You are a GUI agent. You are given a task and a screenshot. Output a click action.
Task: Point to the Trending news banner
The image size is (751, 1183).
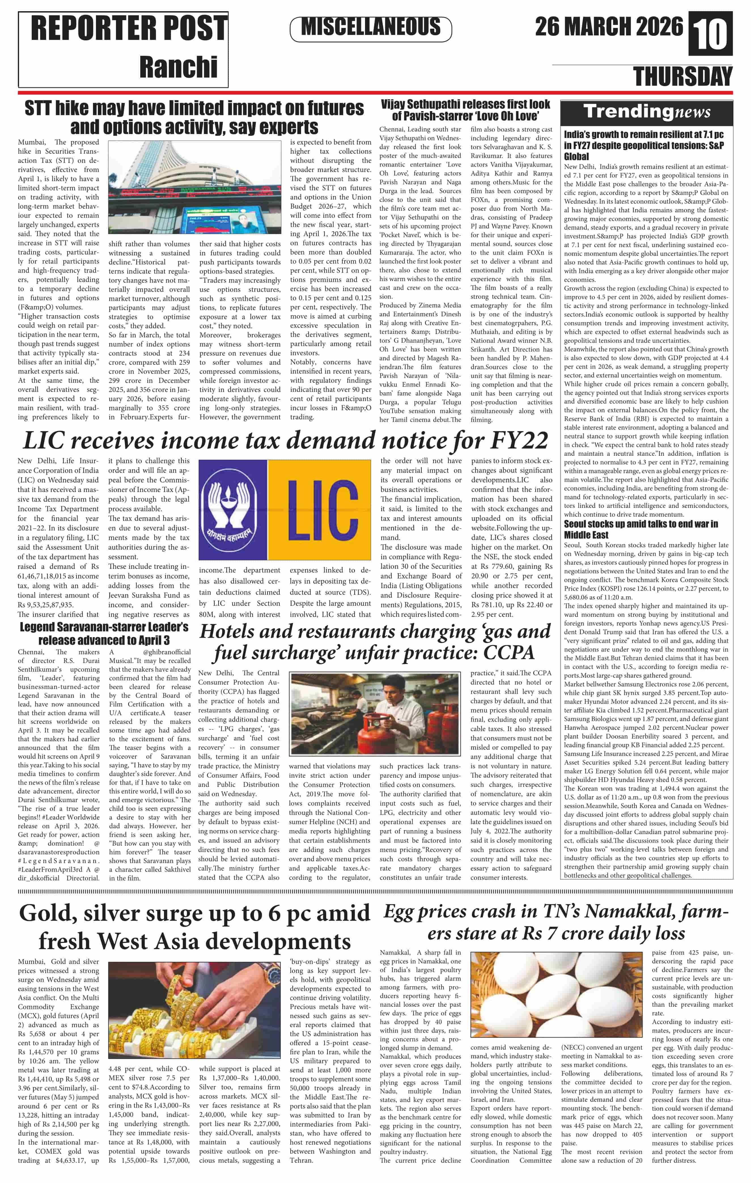tap(646, 112)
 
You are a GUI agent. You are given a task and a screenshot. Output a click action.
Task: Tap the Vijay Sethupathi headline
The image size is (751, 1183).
tap(465, 110)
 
